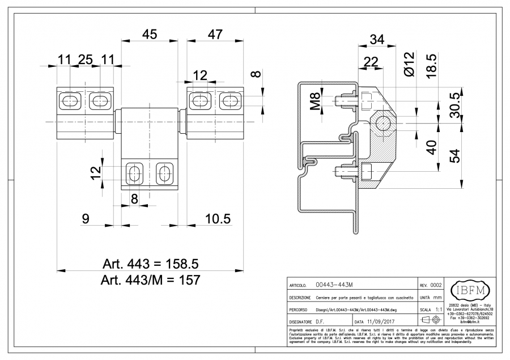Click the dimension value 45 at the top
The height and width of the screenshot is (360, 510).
point(150,35)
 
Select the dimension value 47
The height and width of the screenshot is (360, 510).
point(215,35)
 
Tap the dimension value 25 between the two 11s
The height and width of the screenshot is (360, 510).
point(86,60)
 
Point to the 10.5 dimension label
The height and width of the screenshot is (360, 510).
point(218,218)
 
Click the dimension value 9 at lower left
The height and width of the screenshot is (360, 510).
point(86,218)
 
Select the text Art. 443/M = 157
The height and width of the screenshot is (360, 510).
point(150,280)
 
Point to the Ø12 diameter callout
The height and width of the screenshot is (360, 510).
point(410,63)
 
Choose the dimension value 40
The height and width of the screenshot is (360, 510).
point(431,148)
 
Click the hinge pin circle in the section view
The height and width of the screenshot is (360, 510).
point(382,123)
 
